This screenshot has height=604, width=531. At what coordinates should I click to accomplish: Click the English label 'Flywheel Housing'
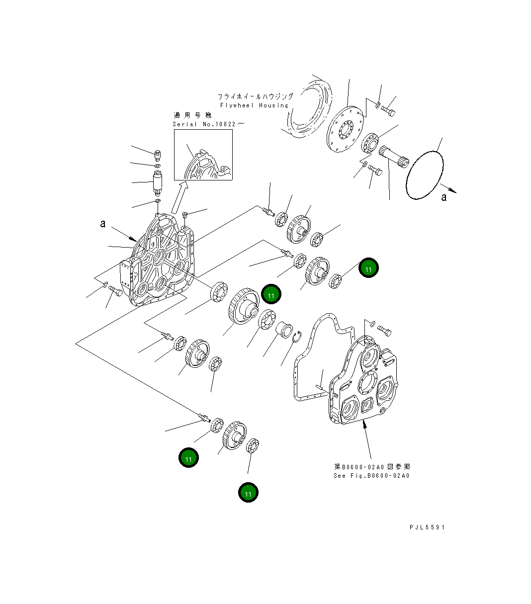click(x=254, y=105)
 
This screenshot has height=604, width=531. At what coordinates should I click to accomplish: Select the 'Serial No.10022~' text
click(x=208, y=124)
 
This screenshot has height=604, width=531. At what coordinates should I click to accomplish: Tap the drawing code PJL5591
click(x=427, y=527)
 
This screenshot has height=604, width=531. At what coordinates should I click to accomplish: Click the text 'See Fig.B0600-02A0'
click(x=371, y=476)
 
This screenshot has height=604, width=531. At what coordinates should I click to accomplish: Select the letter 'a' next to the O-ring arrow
click(x=444, y=197)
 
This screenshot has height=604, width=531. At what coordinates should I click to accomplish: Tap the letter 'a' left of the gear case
click(x=103, y=224)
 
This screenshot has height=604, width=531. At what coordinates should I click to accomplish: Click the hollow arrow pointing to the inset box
click(x=178, y=198)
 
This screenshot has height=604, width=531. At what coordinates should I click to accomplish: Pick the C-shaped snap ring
click(x=297, y=337)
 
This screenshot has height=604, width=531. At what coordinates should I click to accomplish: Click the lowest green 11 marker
click(x=248, y=493)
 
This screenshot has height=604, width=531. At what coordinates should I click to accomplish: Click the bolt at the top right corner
click(x=388, y=112)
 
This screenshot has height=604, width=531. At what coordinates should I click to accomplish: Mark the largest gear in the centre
click(x=243, y=308)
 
